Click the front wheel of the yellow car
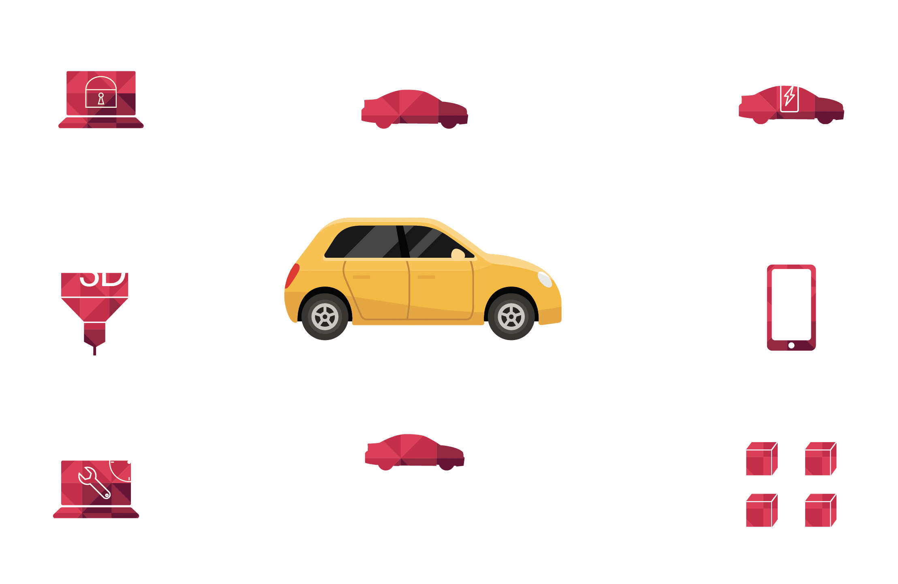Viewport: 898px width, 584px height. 511,317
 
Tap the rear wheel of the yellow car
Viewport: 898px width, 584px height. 325,317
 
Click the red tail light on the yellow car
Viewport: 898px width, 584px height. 293,276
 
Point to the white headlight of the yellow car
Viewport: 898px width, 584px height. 545,279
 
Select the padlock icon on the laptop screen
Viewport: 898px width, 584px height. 101,92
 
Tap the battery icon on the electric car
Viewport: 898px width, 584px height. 789,94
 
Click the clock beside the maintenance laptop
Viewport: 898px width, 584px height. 129,462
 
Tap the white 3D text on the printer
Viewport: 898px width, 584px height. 103,272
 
